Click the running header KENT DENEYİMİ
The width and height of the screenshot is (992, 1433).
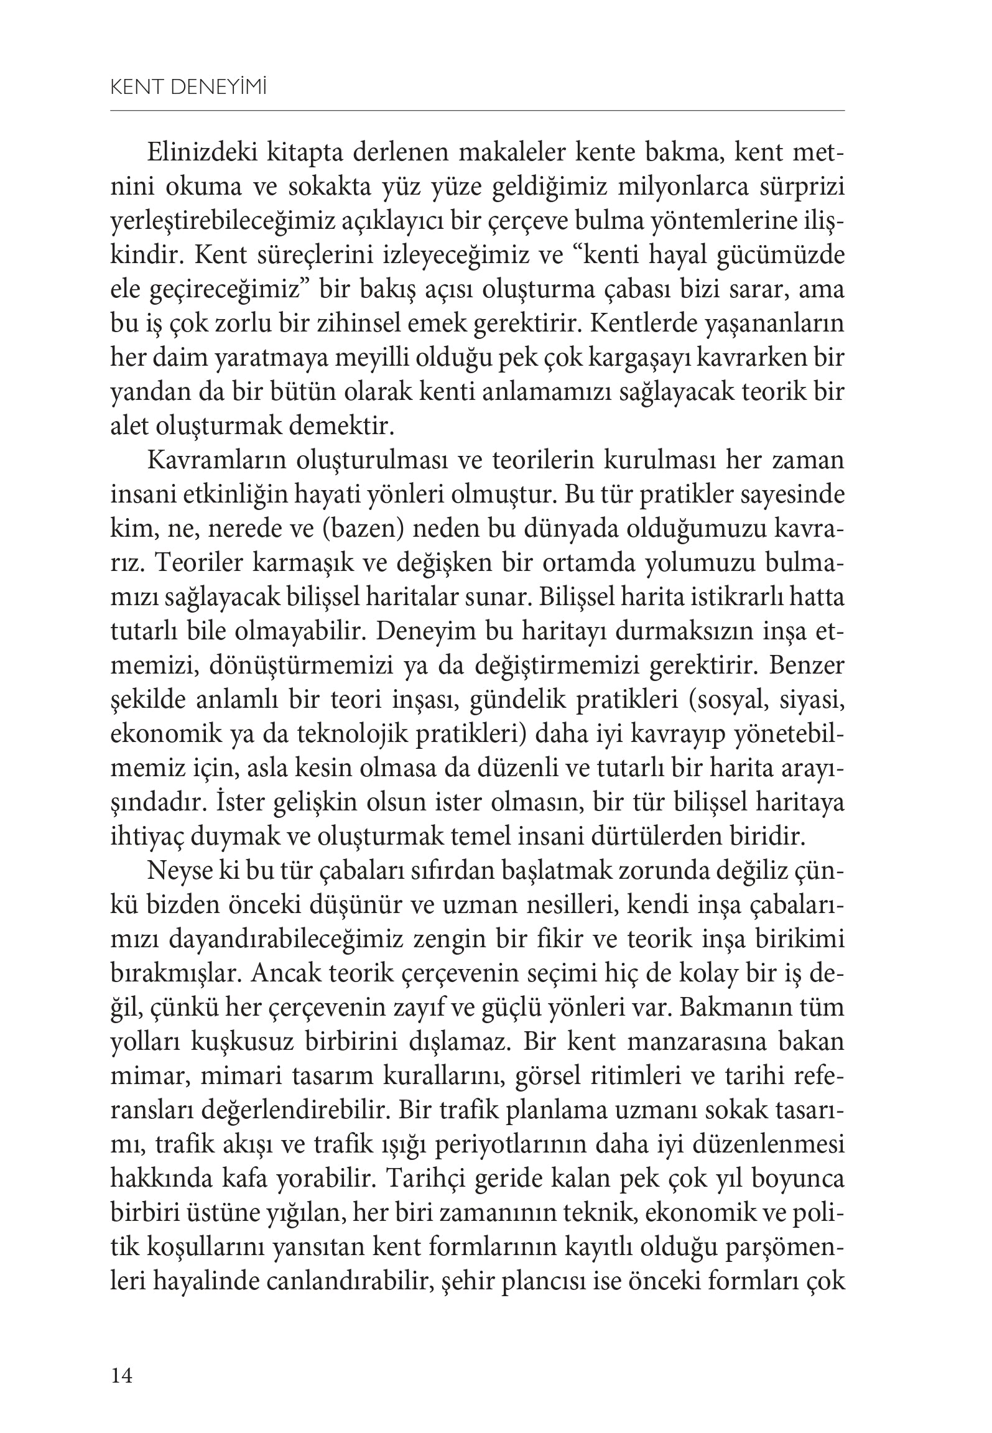(x=188, y=89)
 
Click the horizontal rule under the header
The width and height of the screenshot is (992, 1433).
(x=477, y=111)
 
